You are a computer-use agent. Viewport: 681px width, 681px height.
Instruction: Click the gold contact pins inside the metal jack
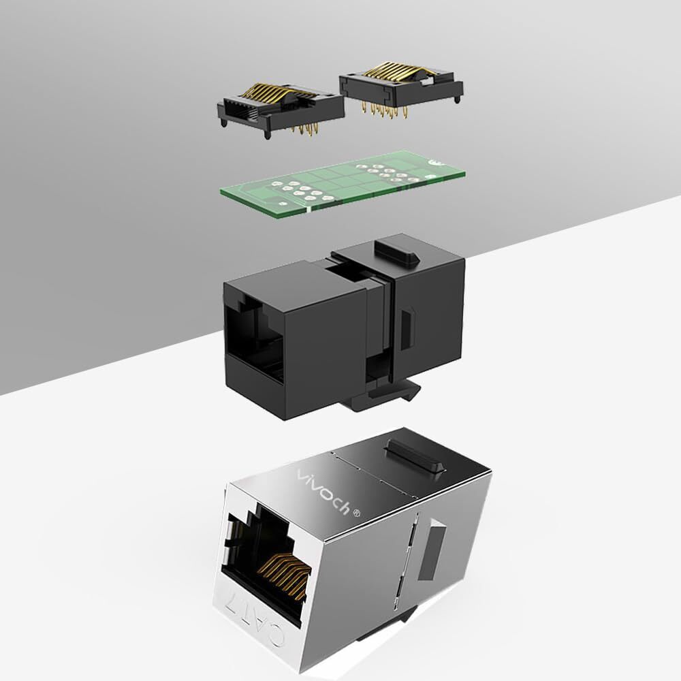click(284, 573)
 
